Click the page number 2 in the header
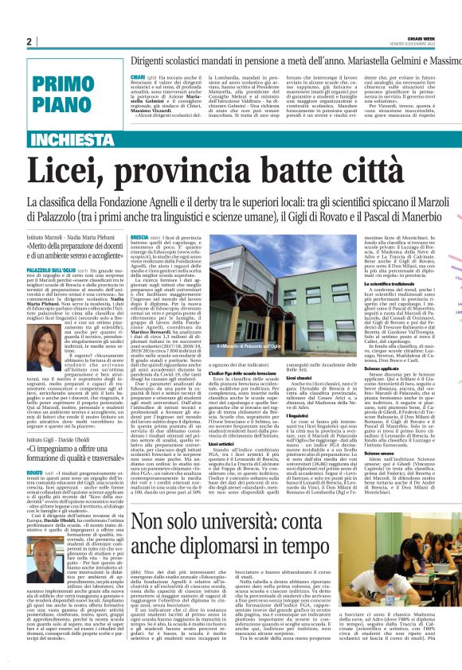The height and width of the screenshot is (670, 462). click(29, 41)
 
